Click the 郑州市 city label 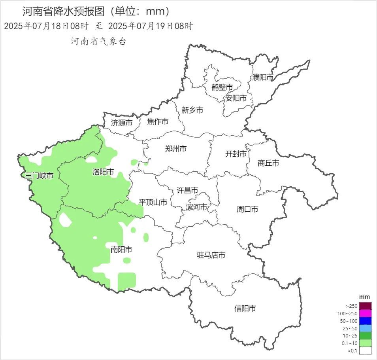175,149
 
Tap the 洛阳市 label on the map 103,172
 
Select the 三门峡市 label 39,176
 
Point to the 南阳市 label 121,250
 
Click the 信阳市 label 245,308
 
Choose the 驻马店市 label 211,256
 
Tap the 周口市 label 247,209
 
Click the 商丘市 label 268,163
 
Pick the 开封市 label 236,154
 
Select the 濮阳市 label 263,78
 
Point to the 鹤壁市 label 222,87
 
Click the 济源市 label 122,123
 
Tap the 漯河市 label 196,207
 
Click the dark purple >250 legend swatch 366,306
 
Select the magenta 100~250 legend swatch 366,313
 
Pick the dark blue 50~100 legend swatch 366,321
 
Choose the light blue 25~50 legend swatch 366,328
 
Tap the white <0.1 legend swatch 366,351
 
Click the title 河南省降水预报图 63,11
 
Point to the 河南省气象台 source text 98,42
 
